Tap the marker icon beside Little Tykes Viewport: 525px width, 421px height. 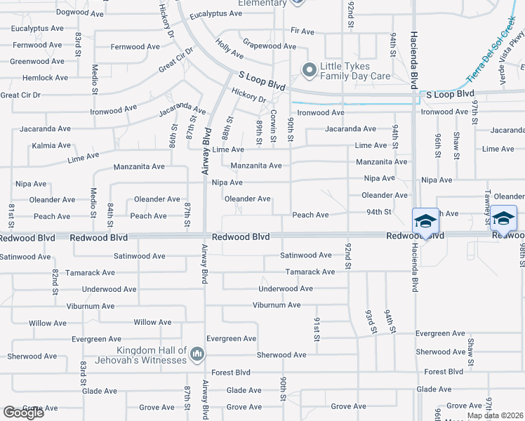(x=308, y=70)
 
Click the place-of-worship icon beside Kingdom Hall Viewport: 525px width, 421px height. (x=197, y=355)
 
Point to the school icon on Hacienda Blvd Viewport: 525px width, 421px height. (x=424, y=222)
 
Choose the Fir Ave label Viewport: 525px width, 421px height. (x=302, y=32)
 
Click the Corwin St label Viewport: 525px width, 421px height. (x=274, y=123)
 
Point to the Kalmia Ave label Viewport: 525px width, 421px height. (x=51, y=146)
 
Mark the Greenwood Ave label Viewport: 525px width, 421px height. (x=39, y=62)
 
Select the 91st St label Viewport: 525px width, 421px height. (x=317, y=328)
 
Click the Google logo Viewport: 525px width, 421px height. (x=23, y=413)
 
